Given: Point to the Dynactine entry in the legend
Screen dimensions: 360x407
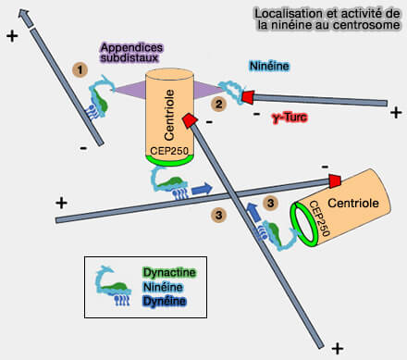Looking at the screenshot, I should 170,273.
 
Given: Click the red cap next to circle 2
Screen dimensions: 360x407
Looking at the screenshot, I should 248,95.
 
